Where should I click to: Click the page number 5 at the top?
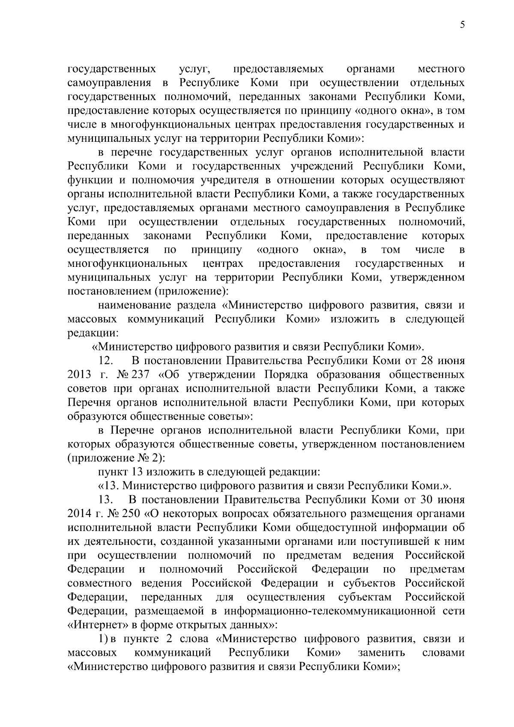point(462,25)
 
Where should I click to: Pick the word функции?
point(87,180)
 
